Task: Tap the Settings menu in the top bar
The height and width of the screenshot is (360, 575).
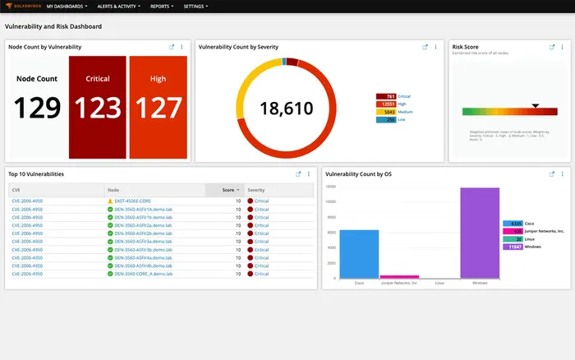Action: (195, 6)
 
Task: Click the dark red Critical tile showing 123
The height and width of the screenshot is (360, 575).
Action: (98, 107)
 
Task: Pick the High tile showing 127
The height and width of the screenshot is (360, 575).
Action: (159, 107)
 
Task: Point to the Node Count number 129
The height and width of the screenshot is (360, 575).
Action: (37, 108)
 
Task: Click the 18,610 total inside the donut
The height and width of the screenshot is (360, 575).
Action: (287, 108)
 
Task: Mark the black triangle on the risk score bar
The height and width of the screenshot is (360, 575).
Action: (535, 106)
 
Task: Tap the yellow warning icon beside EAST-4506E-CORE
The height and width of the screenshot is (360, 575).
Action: (110, 201)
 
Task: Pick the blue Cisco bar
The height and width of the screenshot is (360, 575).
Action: (359, 254)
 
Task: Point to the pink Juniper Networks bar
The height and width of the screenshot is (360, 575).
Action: (399, 277)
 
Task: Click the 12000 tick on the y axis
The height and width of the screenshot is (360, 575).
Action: (330, 187)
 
